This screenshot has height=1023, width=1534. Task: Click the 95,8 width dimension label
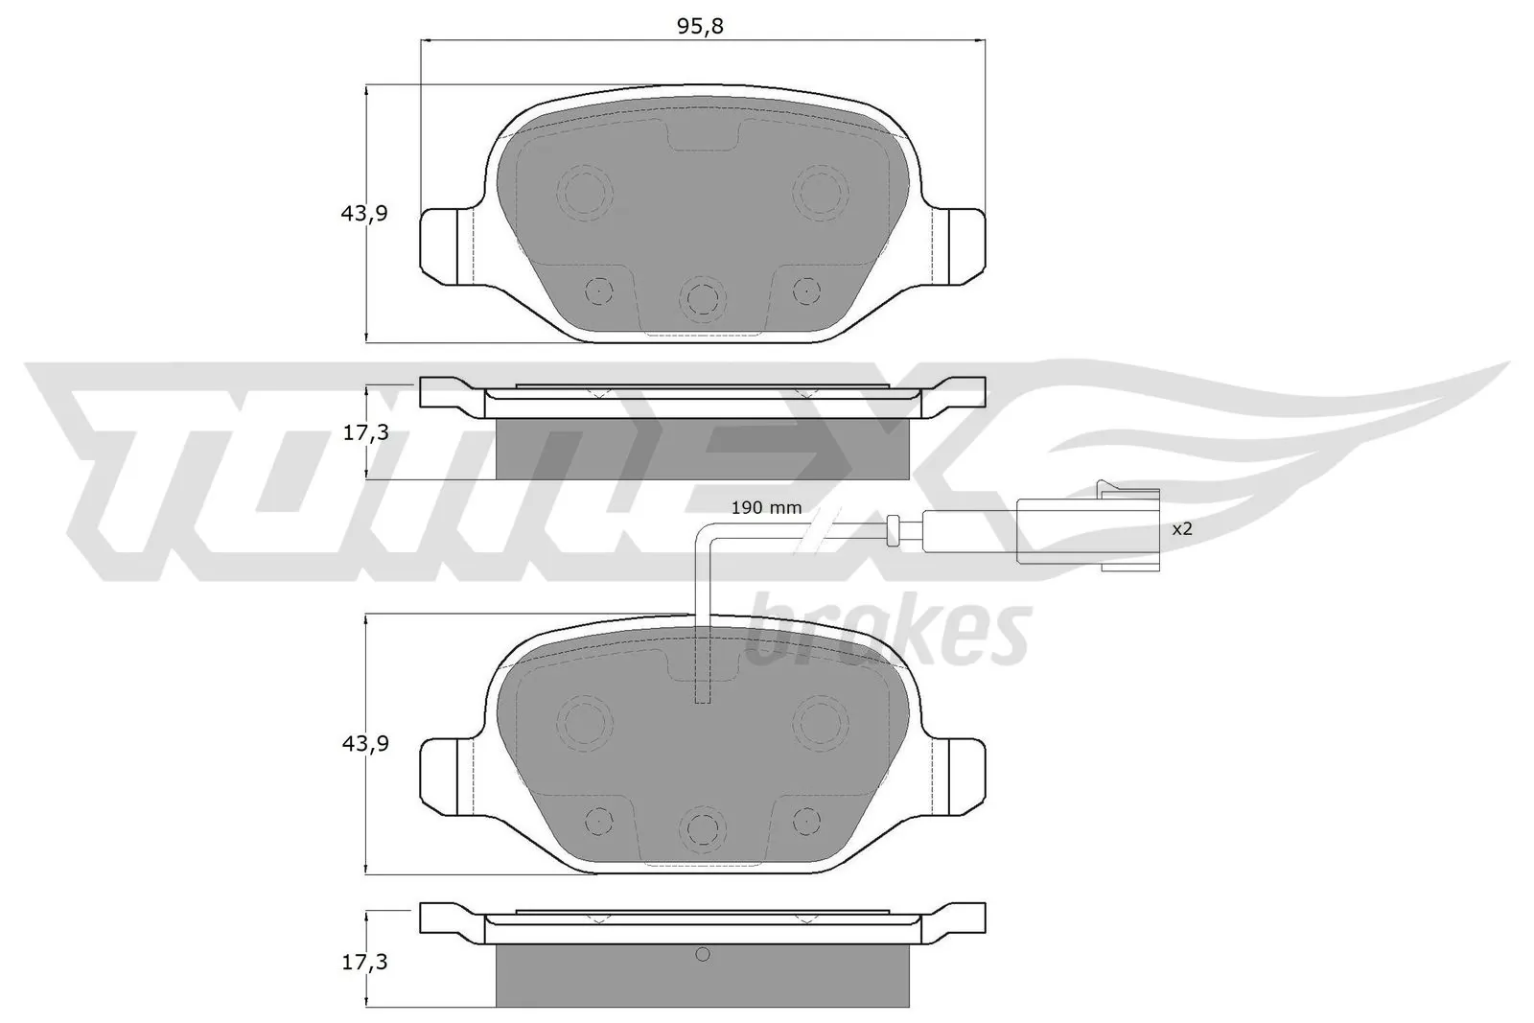[700, 27]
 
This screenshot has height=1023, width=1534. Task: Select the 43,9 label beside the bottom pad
[364, 743]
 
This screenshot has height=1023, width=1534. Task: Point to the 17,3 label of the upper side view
[364, 432]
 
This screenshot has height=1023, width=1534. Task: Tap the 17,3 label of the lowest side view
[364, 963]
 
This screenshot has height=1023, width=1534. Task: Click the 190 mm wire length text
[766, 507]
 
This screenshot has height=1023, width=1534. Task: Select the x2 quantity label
[1182, 528]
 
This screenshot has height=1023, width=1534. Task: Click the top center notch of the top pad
[702, 137]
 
